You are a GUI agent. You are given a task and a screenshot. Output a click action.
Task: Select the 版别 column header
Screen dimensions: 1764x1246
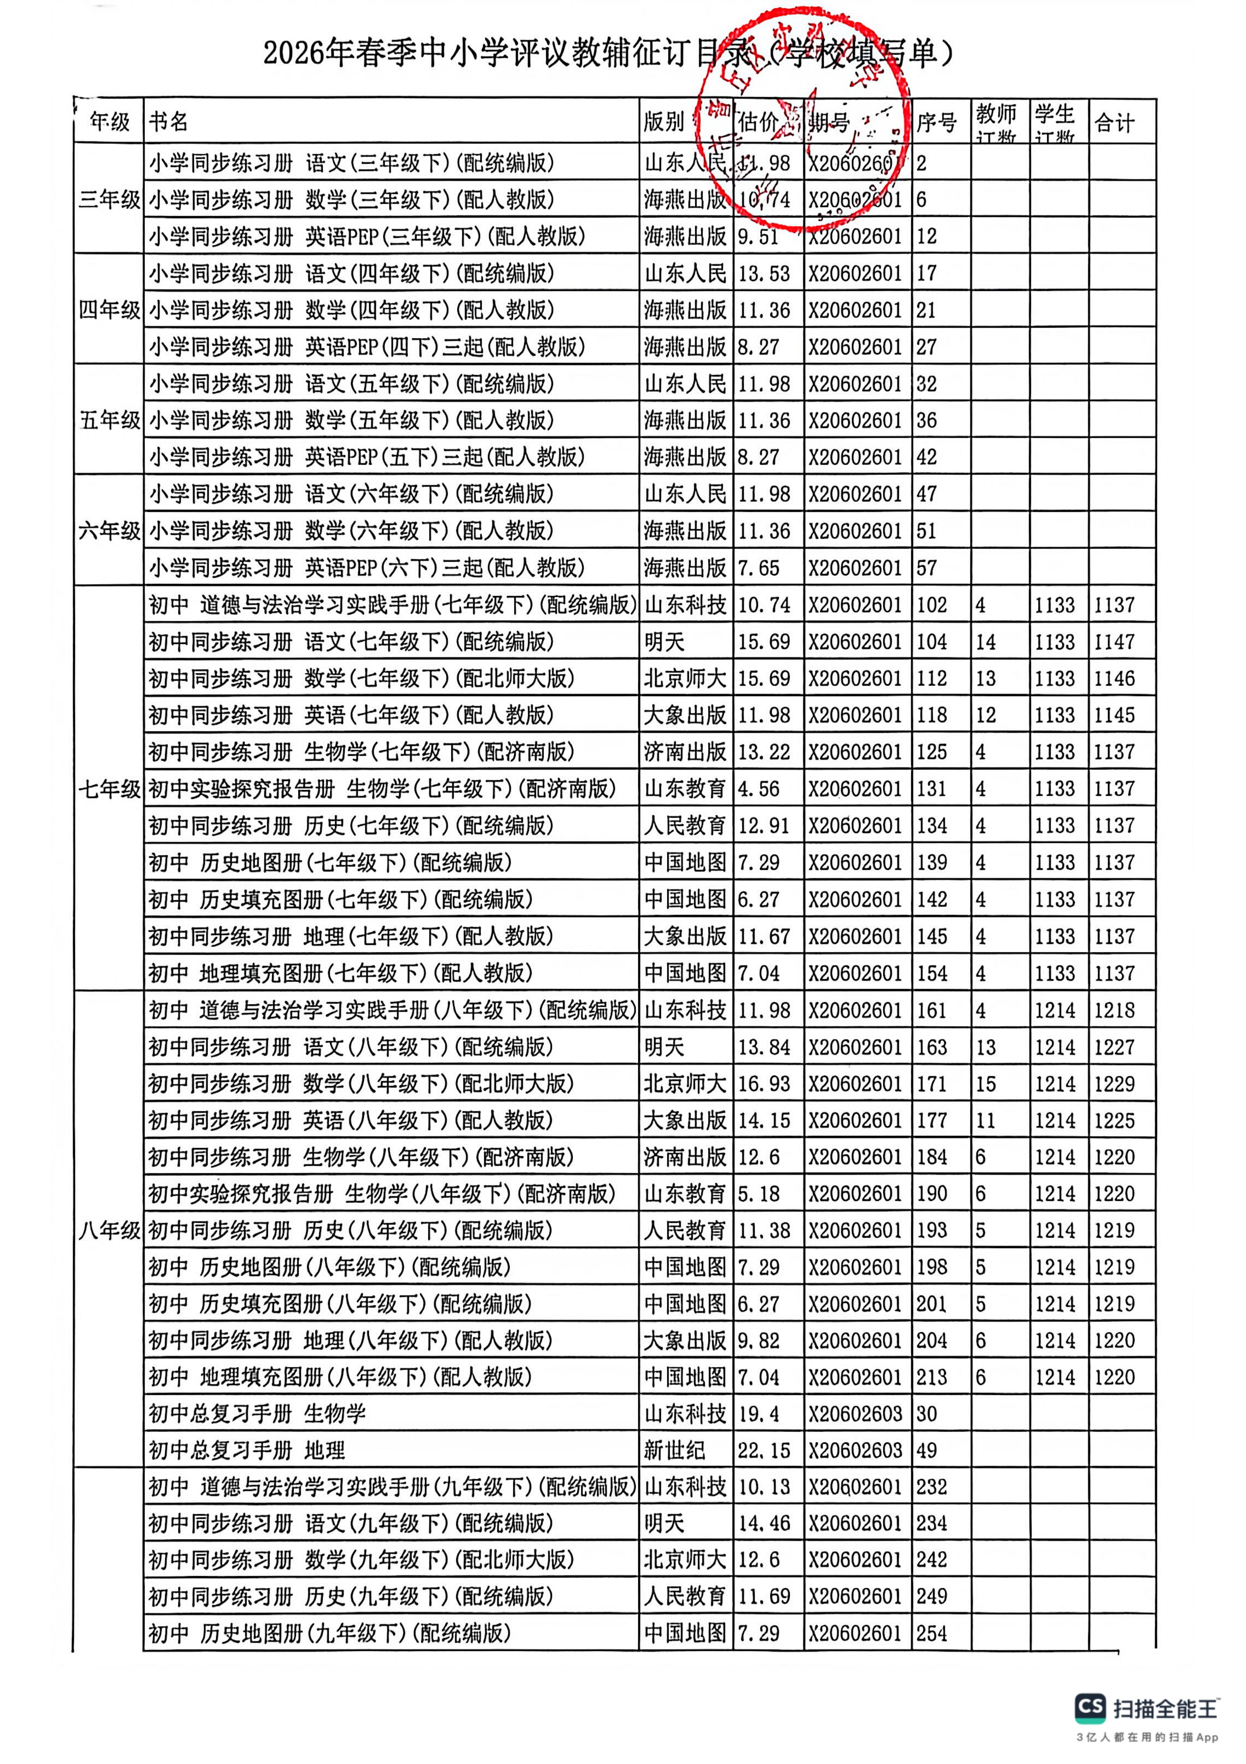(664, 122)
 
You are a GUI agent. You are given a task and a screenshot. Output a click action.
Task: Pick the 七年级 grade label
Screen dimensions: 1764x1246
(109, 789)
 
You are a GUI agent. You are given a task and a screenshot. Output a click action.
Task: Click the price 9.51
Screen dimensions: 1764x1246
(758, 237)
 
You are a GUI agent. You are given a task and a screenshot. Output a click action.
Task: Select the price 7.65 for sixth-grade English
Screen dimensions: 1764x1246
(758, 569)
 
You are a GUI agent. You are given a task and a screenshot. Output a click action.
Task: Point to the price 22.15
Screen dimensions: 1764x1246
(764, 1451)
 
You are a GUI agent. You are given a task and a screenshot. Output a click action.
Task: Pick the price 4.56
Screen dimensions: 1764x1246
(758, 789)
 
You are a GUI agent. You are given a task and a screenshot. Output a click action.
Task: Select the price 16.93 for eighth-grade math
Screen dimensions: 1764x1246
(764, 1084)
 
